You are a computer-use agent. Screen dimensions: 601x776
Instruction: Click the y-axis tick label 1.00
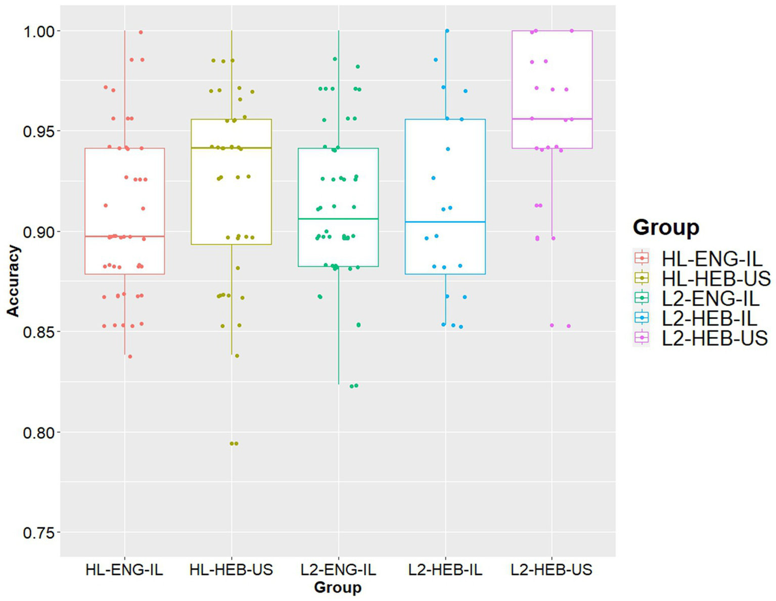pyautogui.click(x=38, y=31)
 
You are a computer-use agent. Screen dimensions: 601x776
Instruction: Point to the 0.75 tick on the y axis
pyautogui.click(x=38, y=533)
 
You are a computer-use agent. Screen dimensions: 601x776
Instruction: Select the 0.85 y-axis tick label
pyautogui.click(x=38, y=332)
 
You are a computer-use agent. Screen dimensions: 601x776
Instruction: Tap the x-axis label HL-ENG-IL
pyautogui.click(x=124, y=570)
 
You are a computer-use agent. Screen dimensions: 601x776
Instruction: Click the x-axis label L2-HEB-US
pyautogui.click(x=552, y=570)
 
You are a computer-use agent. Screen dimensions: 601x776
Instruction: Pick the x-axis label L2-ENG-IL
pyautogui.click(x=338, y=570)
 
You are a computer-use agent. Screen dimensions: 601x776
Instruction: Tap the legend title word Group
pyautogui.click(x=666, y=227)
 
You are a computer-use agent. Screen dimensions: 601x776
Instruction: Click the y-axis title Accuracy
pyautogui.click(x=13, y=281)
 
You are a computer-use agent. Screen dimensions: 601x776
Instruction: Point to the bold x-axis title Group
pyautogui.click(x=338, y=587)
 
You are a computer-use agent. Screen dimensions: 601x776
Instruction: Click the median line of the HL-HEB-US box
pyautogui.click(x=232, y=148)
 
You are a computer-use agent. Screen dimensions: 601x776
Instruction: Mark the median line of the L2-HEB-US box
pyautogui.click(x=552, y=119)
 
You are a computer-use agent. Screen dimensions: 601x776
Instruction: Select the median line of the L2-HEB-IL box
pyautogui.click(x=445, y=222)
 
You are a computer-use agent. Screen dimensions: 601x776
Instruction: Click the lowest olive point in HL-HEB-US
pyautogui.click(x=234, y=443)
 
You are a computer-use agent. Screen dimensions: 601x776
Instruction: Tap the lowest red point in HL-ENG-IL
pyautogui.click(x=130, y=357)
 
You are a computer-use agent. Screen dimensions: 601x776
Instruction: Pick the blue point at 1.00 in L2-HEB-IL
pyautogui.click(x=447, y=31)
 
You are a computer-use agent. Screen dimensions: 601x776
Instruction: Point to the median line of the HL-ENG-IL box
pyautogui.click(x=125, y=236)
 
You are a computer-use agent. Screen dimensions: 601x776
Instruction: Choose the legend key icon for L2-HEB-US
pyautogui.click(x=642, y=338)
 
